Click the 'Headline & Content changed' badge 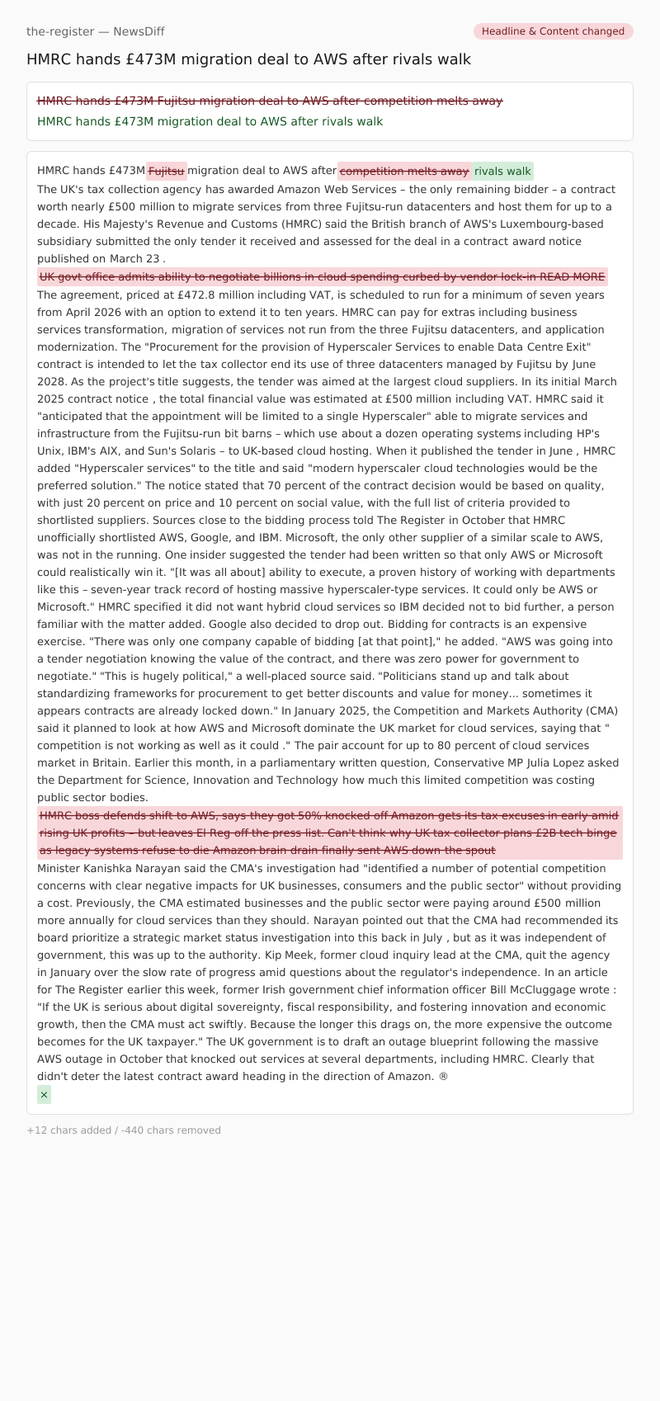pos(553,31)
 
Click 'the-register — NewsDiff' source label pos(96,31)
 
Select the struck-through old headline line pos(270,101)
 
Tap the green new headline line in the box pos(210,121)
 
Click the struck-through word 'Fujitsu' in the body pos(167,171)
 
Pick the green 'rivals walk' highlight pos(502,171)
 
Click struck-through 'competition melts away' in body pos(404,171)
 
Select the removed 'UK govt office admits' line pos(322,276)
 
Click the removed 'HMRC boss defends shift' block pos(328,833)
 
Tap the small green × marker pos(44,1094)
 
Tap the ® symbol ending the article pos(444,1076)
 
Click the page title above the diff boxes pos(248,59)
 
